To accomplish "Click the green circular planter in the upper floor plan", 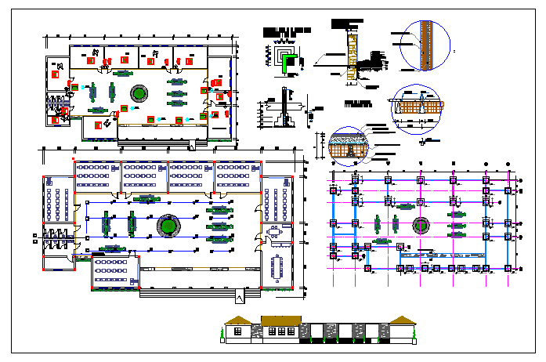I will pos(139,94).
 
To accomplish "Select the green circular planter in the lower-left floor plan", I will pos(168,226).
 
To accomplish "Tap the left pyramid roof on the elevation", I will pos(238,320).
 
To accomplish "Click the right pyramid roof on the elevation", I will pos(401,320).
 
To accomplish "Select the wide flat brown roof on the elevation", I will pos(280,320).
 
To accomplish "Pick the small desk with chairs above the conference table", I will pos(276,233).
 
